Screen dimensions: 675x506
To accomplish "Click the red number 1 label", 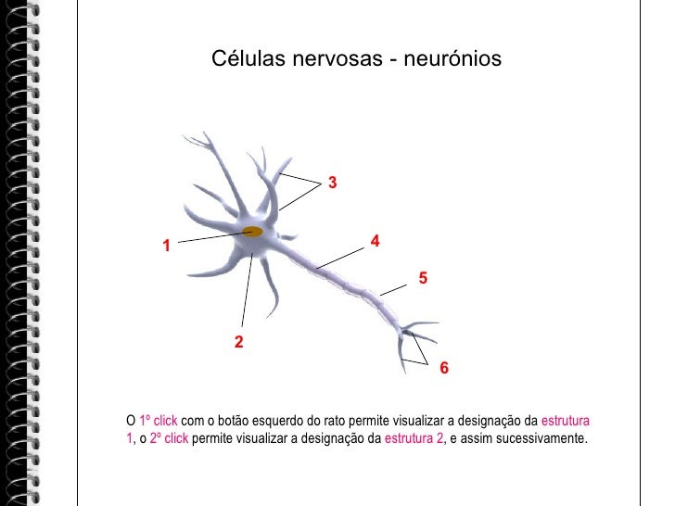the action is pyautogui.click(x=166, y=247).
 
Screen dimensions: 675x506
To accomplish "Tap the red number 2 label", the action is pyautogui.click(x=238, y=343).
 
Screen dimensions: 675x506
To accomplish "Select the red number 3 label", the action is pyautogui.click(x=331, y=183).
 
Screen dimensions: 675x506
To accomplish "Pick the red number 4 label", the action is pyautogui.click(x=375, y=241).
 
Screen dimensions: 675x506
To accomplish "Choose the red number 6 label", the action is pyautogui.click(x=444, y=369).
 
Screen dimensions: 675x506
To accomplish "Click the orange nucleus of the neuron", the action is pyautogui.click(x=251, y=232).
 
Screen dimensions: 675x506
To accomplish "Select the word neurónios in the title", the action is pyautogui.click(x=453, y=59).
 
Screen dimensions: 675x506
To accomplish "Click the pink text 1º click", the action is pyautogui.click(x=151, y=422).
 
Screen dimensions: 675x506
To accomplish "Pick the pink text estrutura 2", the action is pyautogui.click(x=414, y=438).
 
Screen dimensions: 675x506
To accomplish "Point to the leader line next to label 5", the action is pyautogui.click(x=393, y=289).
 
